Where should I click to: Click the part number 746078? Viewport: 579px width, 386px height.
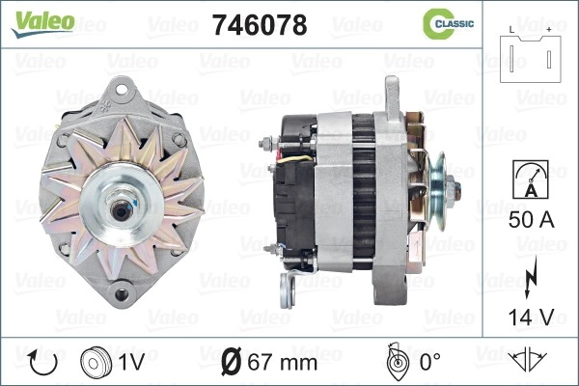click(260, 25)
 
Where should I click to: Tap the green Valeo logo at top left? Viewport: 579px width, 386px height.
click(42, 23)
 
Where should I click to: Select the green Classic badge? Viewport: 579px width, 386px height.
click(448, 24)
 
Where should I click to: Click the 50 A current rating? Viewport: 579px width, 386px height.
click(531, 220)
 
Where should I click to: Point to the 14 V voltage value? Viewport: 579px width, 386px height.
click(531, 317)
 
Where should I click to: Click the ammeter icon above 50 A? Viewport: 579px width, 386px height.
click(531, 179)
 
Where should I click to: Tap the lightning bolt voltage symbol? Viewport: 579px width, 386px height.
click(531, 277)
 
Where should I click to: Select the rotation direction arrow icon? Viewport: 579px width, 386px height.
click(43, 363)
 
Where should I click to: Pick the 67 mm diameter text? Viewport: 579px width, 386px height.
click(283, 363)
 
